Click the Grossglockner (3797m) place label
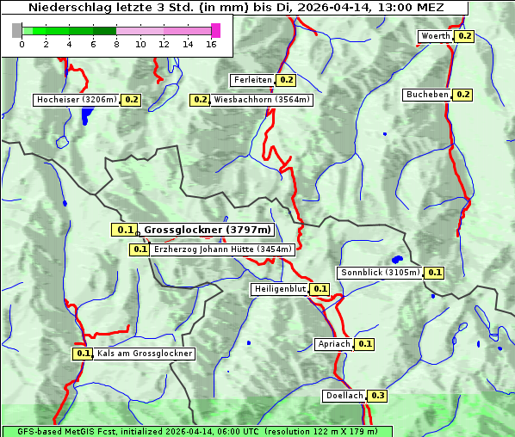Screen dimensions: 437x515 (x=207, y=230)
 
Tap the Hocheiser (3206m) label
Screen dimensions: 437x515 (x=77, y=100)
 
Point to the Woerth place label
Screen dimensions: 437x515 (x=435, y=36)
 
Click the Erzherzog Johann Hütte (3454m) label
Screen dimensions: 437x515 (x=222, y=249)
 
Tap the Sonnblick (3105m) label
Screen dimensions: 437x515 (x=380, y=273)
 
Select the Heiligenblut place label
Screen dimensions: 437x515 (x=279, y=289)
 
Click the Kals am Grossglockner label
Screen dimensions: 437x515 (x=144, y=354)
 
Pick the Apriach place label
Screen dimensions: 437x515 (x=334, y=344)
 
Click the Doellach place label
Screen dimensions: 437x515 (x=344, y=396)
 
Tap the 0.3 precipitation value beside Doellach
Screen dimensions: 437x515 (x=378, y=396)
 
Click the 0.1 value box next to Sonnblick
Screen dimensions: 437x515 (x=434, y=273)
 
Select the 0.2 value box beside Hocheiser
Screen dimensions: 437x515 (x=132, y=100)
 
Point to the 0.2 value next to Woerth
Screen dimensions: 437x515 (x=465, y=36)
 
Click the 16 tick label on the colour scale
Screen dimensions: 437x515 (x=212, y=44)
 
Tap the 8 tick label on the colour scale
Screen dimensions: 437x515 (x=116, y=44)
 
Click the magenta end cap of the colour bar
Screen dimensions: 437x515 (x=215, y=30)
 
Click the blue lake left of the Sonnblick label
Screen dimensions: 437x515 (x=396, y=259)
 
